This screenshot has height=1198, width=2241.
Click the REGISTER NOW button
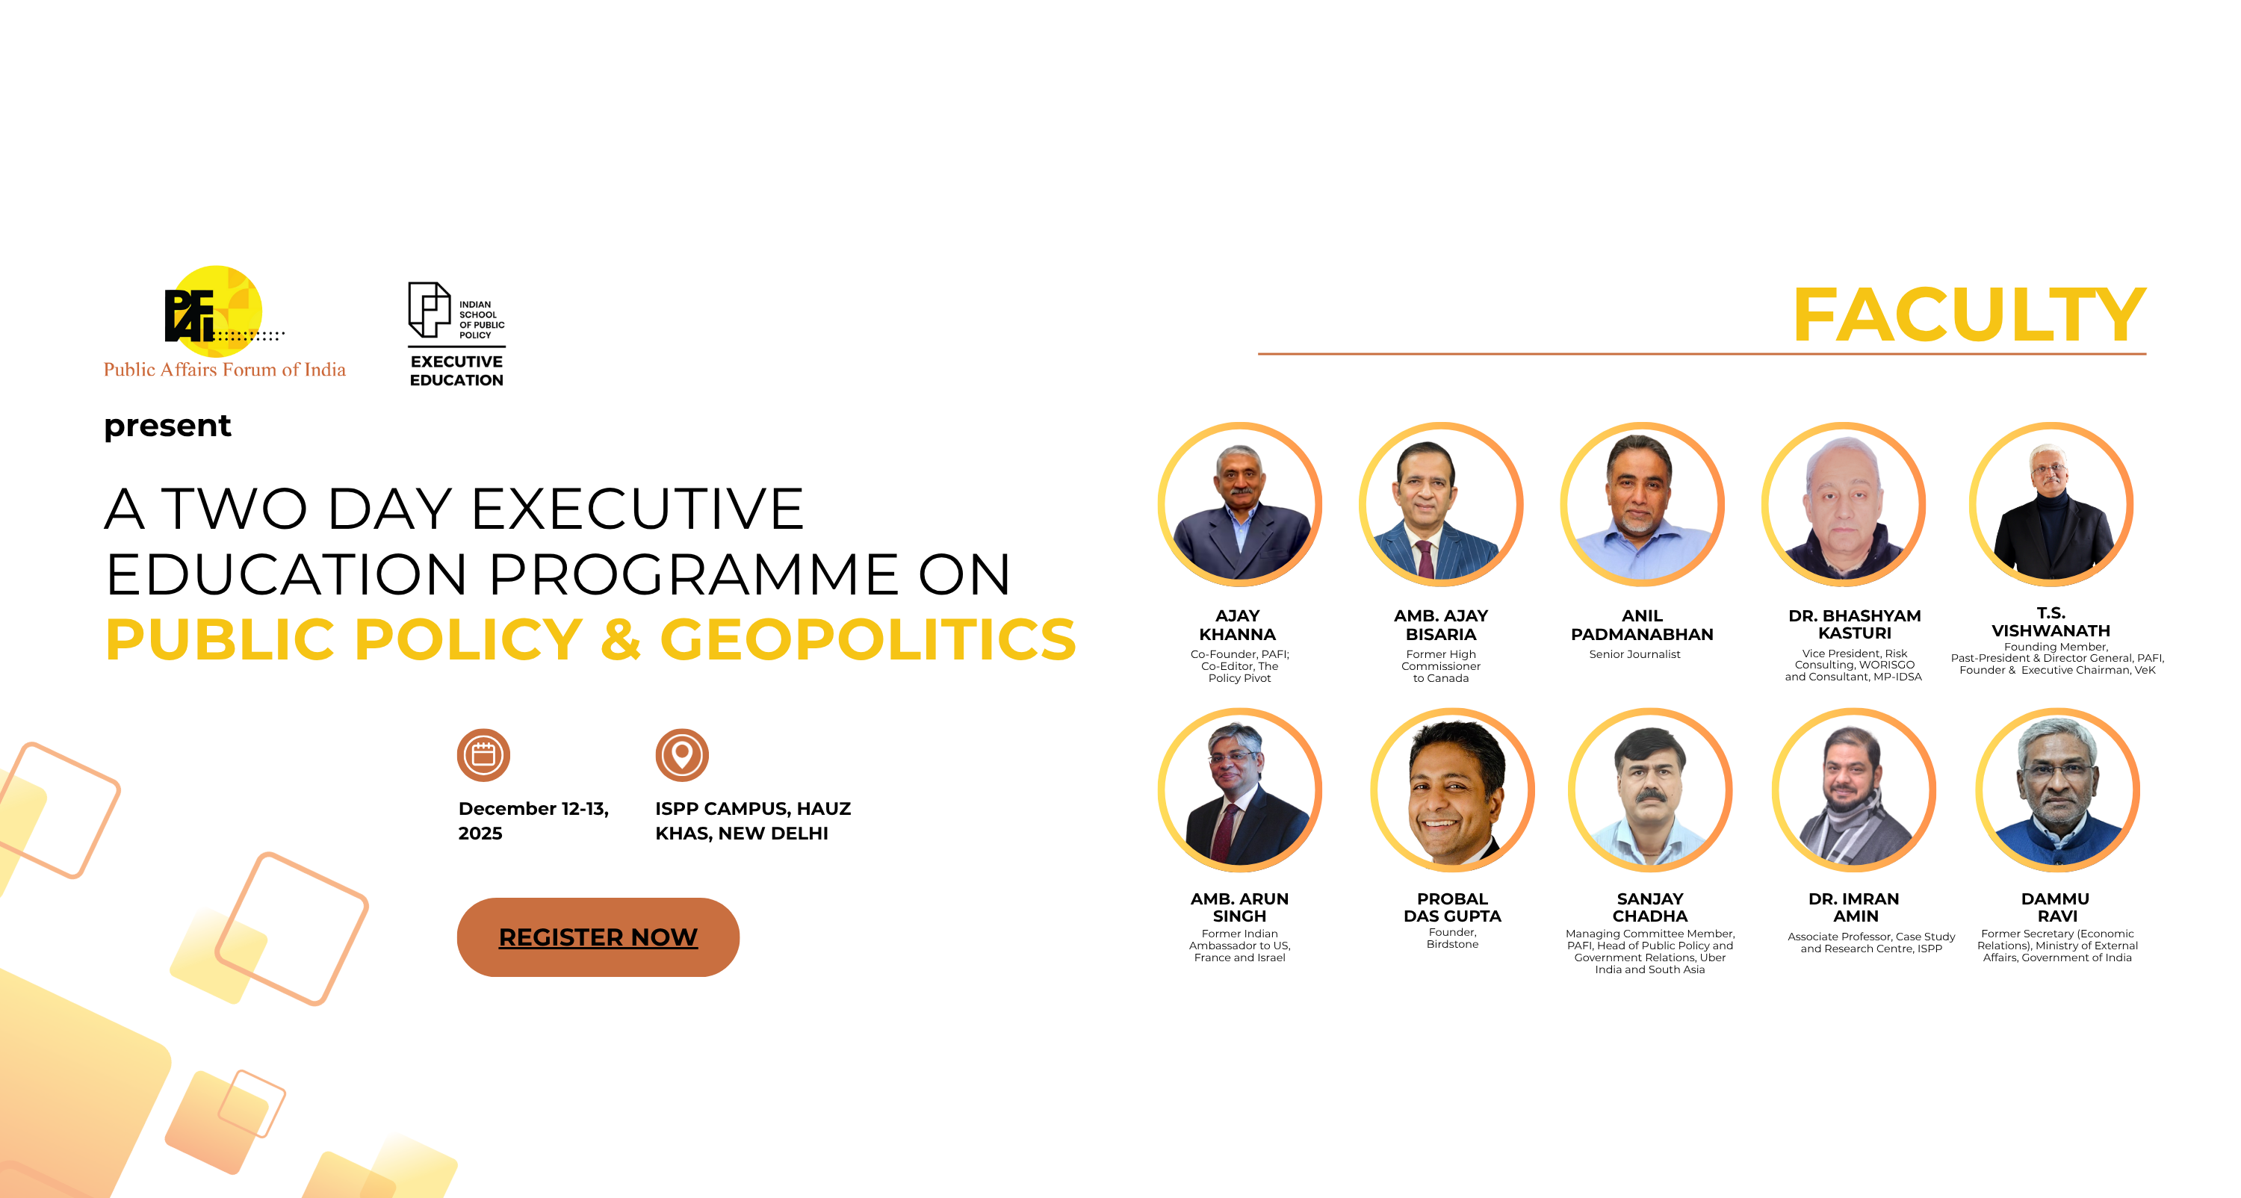click(598, 937)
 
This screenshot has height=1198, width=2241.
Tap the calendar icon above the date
click(484, 755)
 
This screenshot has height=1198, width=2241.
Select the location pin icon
click(682, 755)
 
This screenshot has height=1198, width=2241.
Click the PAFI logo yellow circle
click(217, 311)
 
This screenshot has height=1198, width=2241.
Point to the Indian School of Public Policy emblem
click(430, 310)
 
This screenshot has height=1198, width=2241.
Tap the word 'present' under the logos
click(167, 426)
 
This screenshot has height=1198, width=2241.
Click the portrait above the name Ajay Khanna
click(1240, 505)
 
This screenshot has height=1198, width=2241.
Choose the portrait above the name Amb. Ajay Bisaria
click(1441, 505)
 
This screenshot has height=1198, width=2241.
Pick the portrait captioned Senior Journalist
click(1642, 505)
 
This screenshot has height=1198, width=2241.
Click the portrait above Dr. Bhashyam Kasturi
click(1844, 505)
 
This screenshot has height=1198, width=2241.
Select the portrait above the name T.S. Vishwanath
click(2051, 505)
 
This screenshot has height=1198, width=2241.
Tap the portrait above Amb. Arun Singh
click(1240, 790)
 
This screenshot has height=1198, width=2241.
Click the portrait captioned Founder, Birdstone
click(1452, 790)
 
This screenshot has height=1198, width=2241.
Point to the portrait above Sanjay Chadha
click(1649, 790)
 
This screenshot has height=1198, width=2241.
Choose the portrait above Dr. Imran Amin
click(1854, 790)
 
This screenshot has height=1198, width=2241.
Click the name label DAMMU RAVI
click(2056, 907)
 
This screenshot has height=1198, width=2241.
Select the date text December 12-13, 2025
click(533, 820)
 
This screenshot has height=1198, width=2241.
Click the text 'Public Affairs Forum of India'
click(224, 370)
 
